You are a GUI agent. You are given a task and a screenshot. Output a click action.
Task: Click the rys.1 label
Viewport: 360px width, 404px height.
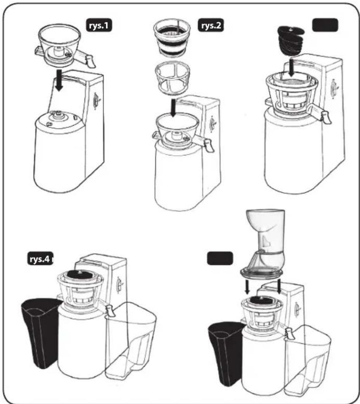pyautogui.click(x=99, y=25)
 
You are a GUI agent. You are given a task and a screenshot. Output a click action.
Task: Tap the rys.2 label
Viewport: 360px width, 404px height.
pyautogui.click(x=211, y=25)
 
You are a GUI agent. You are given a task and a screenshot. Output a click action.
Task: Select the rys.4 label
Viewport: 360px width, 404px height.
pyautogui.click(x=40, y=259)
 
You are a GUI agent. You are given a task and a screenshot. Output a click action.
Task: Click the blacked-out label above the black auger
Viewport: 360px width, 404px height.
pyautogui.click(x=325, y=25)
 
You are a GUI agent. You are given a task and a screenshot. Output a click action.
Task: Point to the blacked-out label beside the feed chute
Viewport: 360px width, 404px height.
pyautogui.click(x=220, y=259)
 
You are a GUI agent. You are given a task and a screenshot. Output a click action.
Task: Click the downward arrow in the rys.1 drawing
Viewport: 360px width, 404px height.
pyautogui.click(x=59, y=80)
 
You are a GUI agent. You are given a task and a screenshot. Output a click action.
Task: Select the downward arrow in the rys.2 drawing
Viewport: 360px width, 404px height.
pyautogui.click(x=173, y=108)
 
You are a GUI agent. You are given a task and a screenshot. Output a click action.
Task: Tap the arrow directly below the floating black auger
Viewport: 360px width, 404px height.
pyautogui.click(x=292, y=67)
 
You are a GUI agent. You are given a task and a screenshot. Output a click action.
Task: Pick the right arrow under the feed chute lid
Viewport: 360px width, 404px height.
pyautogui.click(x=279, y=286)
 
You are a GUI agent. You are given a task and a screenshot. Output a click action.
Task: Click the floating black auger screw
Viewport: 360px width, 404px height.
pyautogui.click(x=291, y=40)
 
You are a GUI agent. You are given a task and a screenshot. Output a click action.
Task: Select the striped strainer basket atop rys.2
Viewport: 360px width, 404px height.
pyautogui.click(x=172, y=38)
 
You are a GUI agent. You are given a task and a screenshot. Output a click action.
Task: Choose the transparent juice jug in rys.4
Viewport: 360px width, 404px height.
pyautogui.click(x=131, y=340)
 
